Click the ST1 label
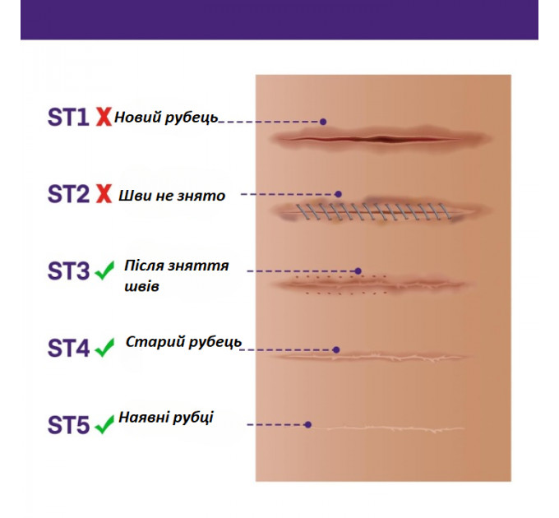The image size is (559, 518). (x=67, y=118)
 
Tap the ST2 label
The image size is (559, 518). (x=67, y=195)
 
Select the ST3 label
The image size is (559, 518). (x=67, y=271)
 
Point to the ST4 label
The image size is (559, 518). (x=67, y=349)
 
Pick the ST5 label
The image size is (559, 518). (x=67, y=426)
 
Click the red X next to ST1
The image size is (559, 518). (x=104, y=118)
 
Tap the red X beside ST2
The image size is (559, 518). (x=104, y=195)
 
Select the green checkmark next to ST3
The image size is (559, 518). (x=104, y=271)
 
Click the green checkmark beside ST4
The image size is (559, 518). (x=104, y=349)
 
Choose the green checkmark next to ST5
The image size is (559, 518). (x=104, y=426)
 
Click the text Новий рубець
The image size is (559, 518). (x=166, y=118)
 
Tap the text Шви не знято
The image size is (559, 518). (x=172, y=196)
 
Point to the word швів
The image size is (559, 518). (x=142, y=287)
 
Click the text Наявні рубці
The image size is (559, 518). (x=165, y=417)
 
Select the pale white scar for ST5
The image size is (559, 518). (x=395, y=428)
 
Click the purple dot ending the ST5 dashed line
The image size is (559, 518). (x=308, y=425)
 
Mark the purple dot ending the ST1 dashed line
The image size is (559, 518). (x=323, y=122)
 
